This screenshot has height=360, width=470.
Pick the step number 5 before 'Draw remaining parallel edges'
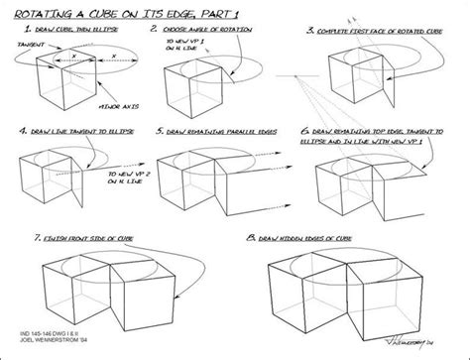pyautogui.click(x=163, y=130)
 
